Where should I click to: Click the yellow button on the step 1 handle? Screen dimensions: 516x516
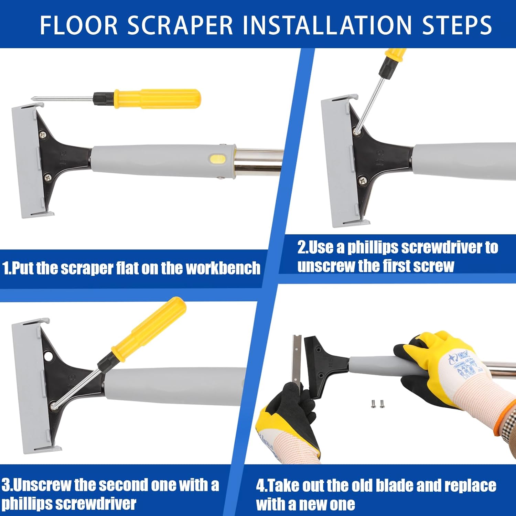218,159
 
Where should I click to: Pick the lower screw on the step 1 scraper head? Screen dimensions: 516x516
47,177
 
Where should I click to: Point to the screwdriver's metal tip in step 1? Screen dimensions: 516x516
34,99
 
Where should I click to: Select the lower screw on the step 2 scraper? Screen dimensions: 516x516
362,180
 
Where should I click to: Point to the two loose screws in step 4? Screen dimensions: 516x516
377,404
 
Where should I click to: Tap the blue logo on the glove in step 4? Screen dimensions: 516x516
453,359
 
